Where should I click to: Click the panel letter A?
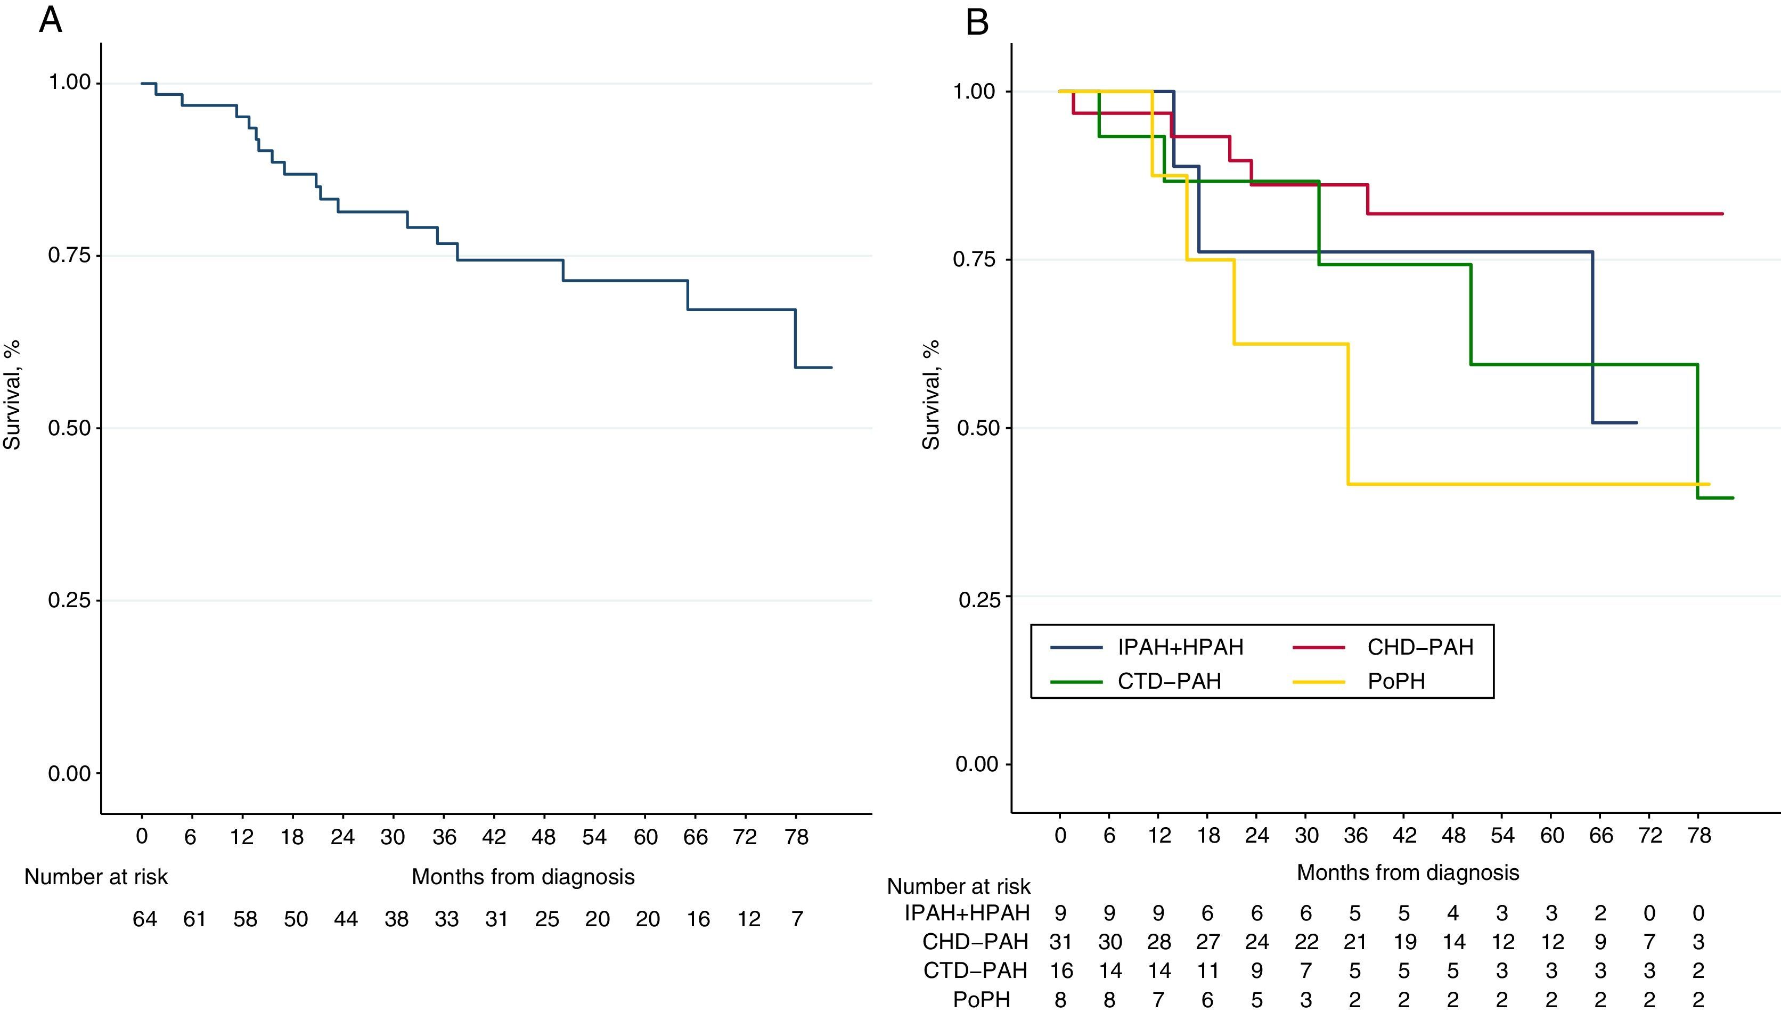point(50,21)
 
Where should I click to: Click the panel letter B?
point(977,23)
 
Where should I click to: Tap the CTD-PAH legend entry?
point(1169,681)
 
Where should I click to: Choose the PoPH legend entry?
point(1396,681)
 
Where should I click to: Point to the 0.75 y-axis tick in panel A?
point(69,256)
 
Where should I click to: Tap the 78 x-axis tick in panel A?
point(796,837)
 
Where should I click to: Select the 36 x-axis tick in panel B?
point(1355,835)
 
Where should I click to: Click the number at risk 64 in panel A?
point(144,919)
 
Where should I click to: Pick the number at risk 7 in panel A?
point(797,919)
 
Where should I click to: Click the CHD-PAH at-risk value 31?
point(1060,942)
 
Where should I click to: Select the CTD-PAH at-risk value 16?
point(1060,970)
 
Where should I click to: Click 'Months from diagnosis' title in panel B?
point(1408,872)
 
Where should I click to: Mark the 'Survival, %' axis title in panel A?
point(12,395)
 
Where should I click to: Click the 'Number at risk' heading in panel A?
point(96,877)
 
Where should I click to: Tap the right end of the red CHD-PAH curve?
point(1722,214)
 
